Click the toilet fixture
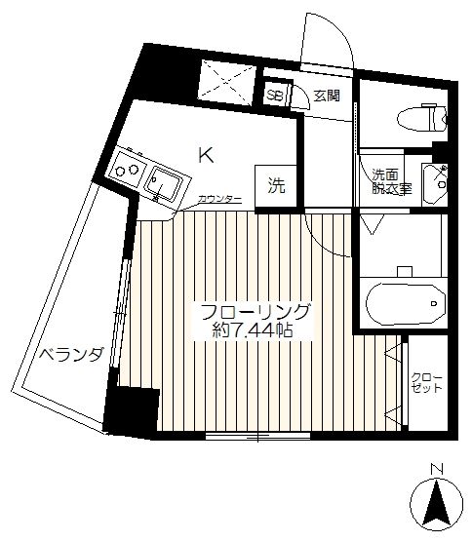[422, 118]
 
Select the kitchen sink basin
[164, 185]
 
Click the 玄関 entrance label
[327, 96]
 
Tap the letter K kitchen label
[206, 155]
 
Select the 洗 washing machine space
[276, 186]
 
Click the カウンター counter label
[219, 199]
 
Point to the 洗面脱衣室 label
[391, 181]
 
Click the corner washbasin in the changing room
[434, 184]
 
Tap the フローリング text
[255, 313]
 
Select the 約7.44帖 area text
[253, 330]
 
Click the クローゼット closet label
[427, 383]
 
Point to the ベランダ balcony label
[71, 354]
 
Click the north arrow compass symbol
[436, 503]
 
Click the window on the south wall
[258, 436]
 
